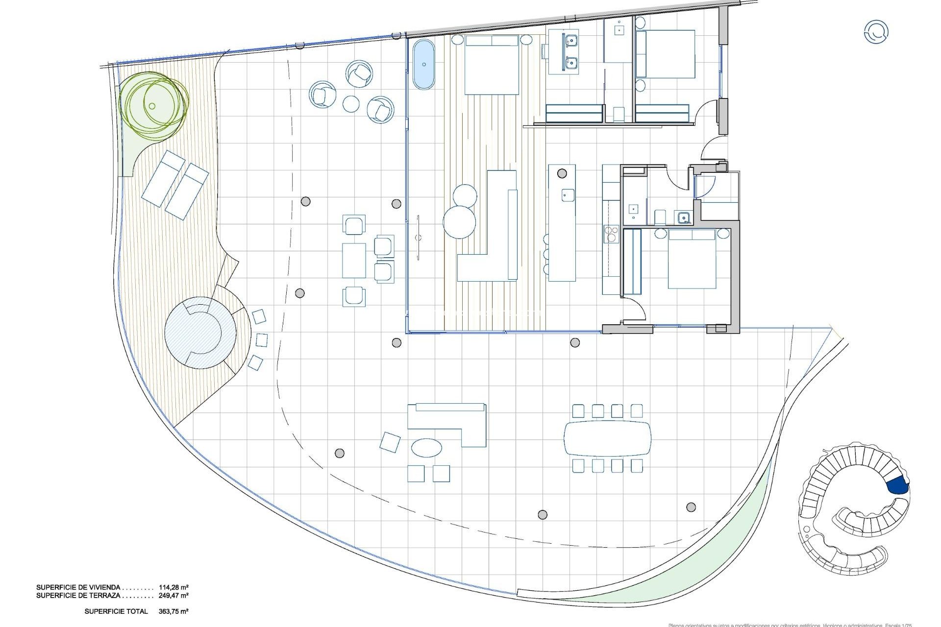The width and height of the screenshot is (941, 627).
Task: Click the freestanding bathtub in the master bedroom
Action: (x=423, y=65)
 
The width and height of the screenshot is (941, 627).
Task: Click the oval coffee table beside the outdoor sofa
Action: (x=426, y=447)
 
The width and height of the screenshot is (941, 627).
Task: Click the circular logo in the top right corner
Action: (x=876, y=32)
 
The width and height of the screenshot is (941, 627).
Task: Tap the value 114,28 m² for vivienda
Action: (x=173, y=587)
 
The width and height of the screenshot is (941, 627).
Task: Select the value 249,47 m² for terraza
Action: (x=173, y=596)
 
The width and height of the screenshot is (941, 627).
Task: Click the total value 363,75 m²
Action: (x=173, y=611)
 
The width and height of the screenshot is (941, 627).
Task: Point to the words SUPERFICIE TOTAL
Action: (x=116, y=611)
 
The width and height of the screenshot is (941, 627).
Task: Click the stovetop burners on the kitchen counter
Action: (x=611, y=234)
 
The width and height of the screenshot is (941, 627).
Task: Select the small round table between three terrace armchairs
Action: (x=351, y=104)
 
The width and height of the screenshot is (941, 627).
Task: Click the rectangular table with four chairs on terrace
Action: (x=354, y=260)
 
